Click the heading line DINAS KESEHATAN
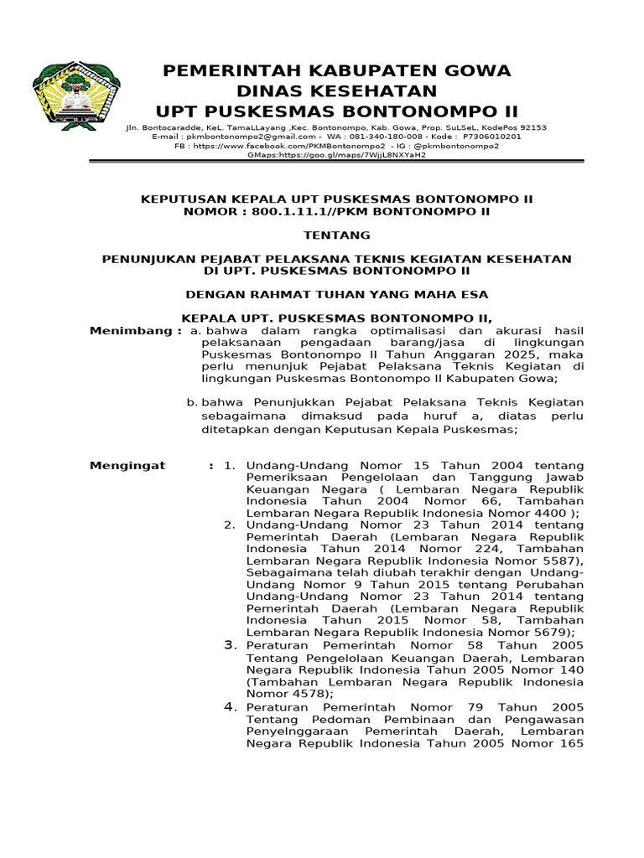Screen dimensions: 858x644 pyautogui.click(x=337, y=90)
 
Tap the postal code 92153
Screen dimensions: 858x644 pyautogui.click(x=529, y=128)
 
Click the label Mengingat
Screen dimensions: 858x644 pyautogui.click(x=127, y=465)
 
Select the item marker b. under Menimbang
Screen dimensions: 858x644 pyautogui.click(x=191, y=403)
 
